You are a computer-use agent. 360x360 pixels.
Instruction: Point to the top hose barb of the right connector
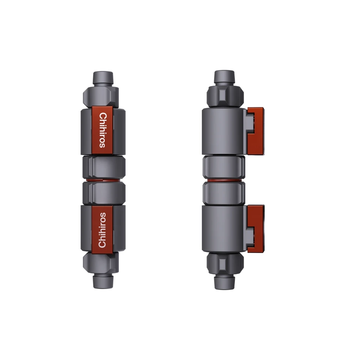225,77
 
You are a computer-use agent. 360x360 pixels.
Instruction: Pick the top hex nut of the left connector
101,95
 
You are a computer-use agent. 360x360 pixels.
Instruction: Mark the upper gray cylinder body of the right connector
224,131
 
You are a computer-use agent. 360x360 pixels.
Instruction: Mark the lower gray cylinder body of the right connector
224,229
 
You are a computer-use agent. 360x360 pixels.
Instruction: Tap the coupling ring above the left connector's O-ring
104,167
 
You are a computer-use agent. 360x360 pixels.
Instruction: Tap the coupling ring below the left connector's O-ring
104,193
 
